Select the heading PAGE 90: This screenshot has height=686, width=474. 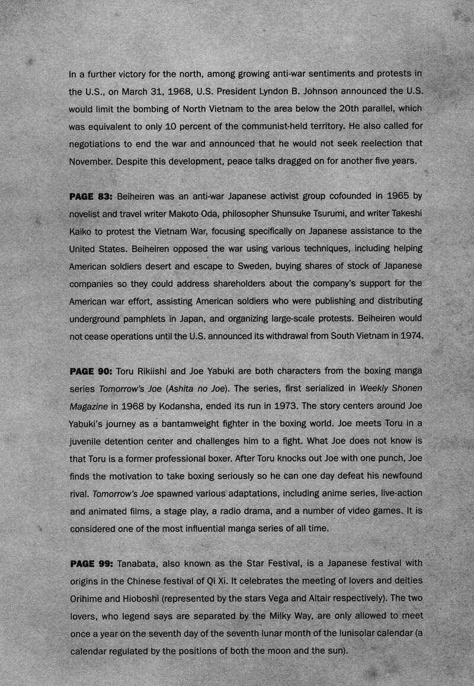pos(91,371)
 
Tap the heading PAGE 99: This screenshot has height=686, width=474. pos(91,562)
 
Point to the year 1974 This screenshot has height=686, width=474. pos(409,336)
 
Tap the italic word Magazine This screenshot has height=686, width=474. pos(89,406)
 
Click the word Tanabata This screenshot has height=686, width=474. pos(139,562)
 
